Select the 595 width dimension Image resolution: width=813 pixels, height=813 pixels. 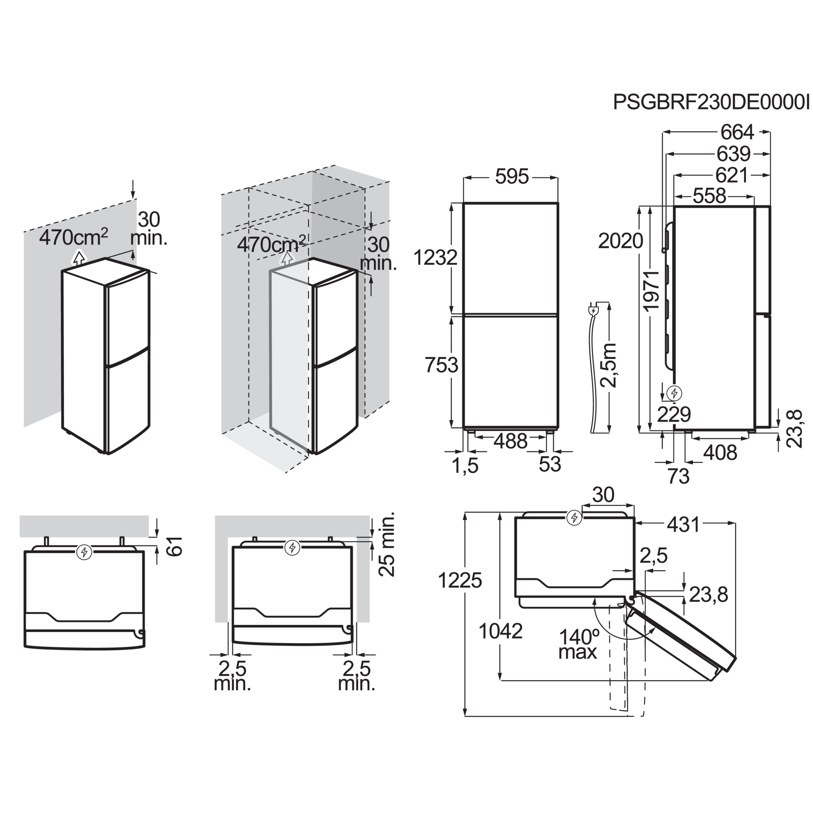coord(512,177)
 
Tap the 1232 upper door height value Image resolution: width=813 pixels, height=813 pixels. coord(435,258)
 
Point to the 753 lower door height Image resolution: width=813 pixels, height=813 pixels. coord(441,365)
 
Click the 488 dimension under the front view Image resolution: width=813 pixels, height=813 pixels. coord(511,441)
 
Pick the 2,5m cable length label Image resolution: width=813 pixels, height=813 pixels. coord(608,365)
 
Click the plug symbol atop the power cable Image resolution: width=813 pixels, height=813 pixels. coord(593,311)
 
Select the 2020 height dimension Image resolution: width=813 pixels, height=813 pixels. coord(621,241)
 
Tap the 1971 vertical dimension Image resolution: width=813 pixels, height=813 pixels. coord(650,290)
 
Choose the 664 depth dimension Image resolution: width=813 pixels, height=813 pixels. coord(737,133)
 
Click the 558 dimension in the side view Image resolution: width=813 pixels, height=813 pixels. coord(709,196)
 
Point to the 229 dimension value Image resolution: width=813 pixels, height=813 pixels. coord(674,415)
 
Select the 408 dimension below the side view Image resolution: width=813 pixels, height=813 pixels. coord(720,453)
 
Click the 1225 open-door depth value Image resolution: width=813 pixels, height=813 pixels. coord(460,581)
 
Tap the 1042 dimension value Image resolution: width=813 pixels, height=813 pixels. coord(501,631)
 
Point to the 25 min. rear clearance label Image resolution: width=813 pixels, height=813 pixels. coord(387,544)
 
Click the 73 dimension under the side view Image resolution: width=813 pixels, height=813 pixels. coord(679,476)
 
